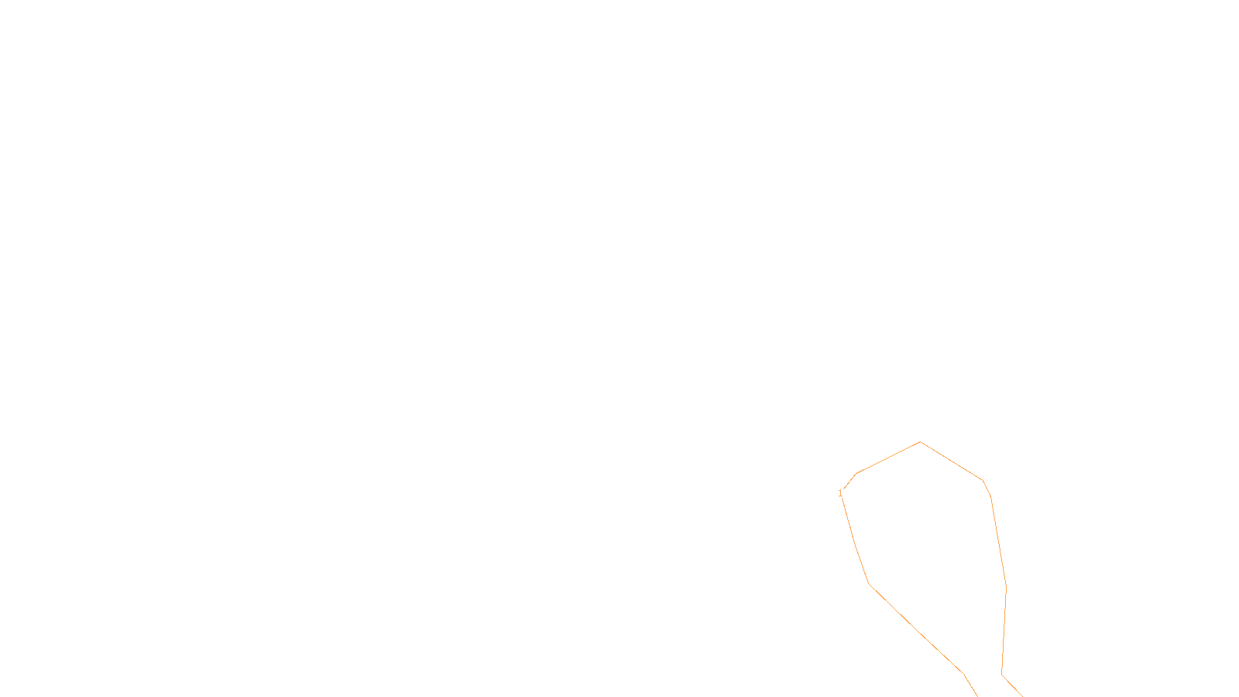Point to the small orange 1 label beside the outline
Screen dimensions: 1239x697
[x=840, y=493]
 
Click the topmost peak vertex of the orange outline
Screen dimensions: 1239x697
[x=921, y=442]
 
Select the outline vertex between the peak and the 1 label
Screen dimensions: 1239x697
[x=856, y=473]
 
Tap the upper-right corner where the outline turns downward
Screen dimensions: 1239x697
[x=983, y=480]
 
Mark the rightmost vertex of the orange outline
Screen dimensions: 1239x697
[x=1006, y=586]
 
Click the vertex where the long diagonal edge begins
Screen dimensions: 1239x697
[x=869, y=583]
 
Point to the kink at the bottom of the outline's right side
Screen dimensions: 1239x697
[x=1002, y=675]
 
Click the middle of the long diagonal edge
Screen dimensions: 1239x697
[x=916, y=628]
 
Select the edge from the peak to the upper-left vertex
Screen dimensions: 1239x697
[x=888, y=458]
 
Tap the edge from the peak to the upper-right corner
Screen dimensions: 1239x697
[x=952, y=462]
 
